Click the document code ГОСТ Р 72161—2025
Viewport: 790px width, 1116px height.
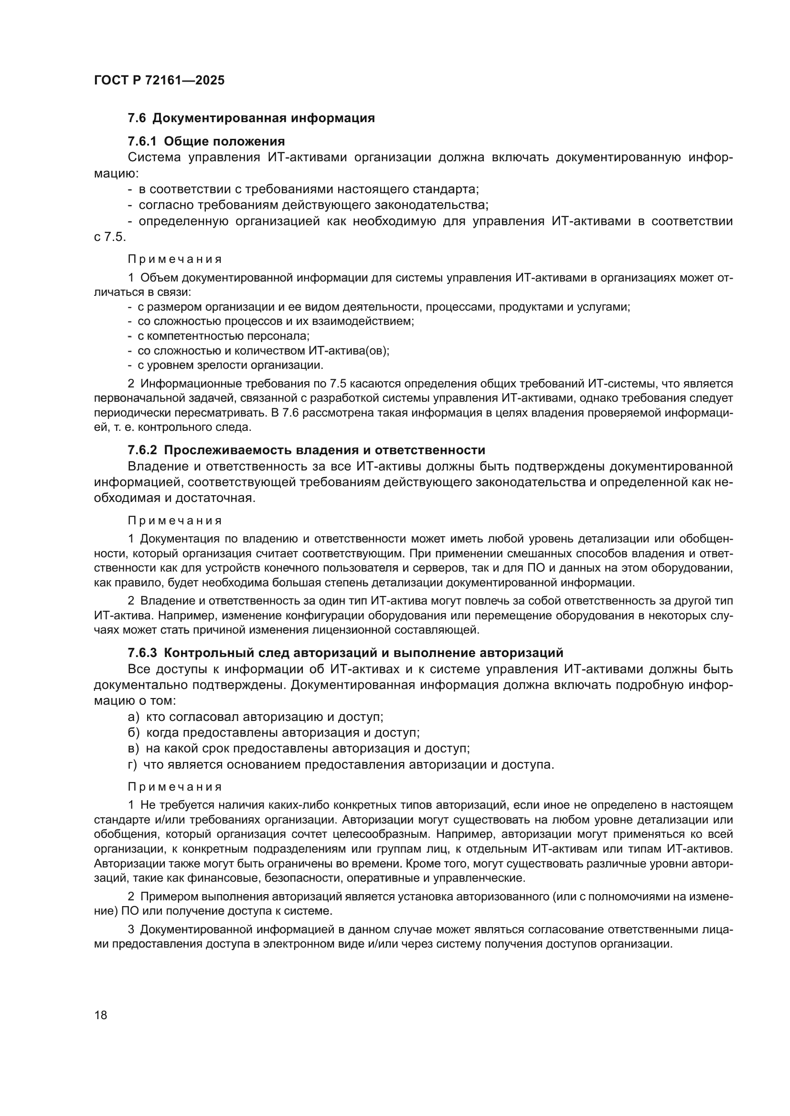click(x=159, y=81)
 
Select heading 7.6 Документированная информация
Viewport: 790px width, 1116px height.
click(x=251, y=118)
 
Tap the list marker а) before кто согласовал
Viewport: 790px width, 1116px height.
click(x=133, y=717)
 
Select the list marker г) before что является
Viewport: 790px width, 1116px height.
click(x=132, y=764)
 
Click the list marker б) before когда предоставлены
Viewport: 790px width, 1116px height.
click(x=134, y=733)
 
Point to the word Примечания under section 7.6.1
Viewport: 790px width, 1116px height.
click(x=175, y=259)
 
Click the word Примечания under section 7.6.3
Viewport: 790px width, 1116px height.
click(x=175, y=786)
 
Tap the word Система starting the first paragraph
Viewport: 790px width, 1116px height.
click(x=154, y=157)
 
